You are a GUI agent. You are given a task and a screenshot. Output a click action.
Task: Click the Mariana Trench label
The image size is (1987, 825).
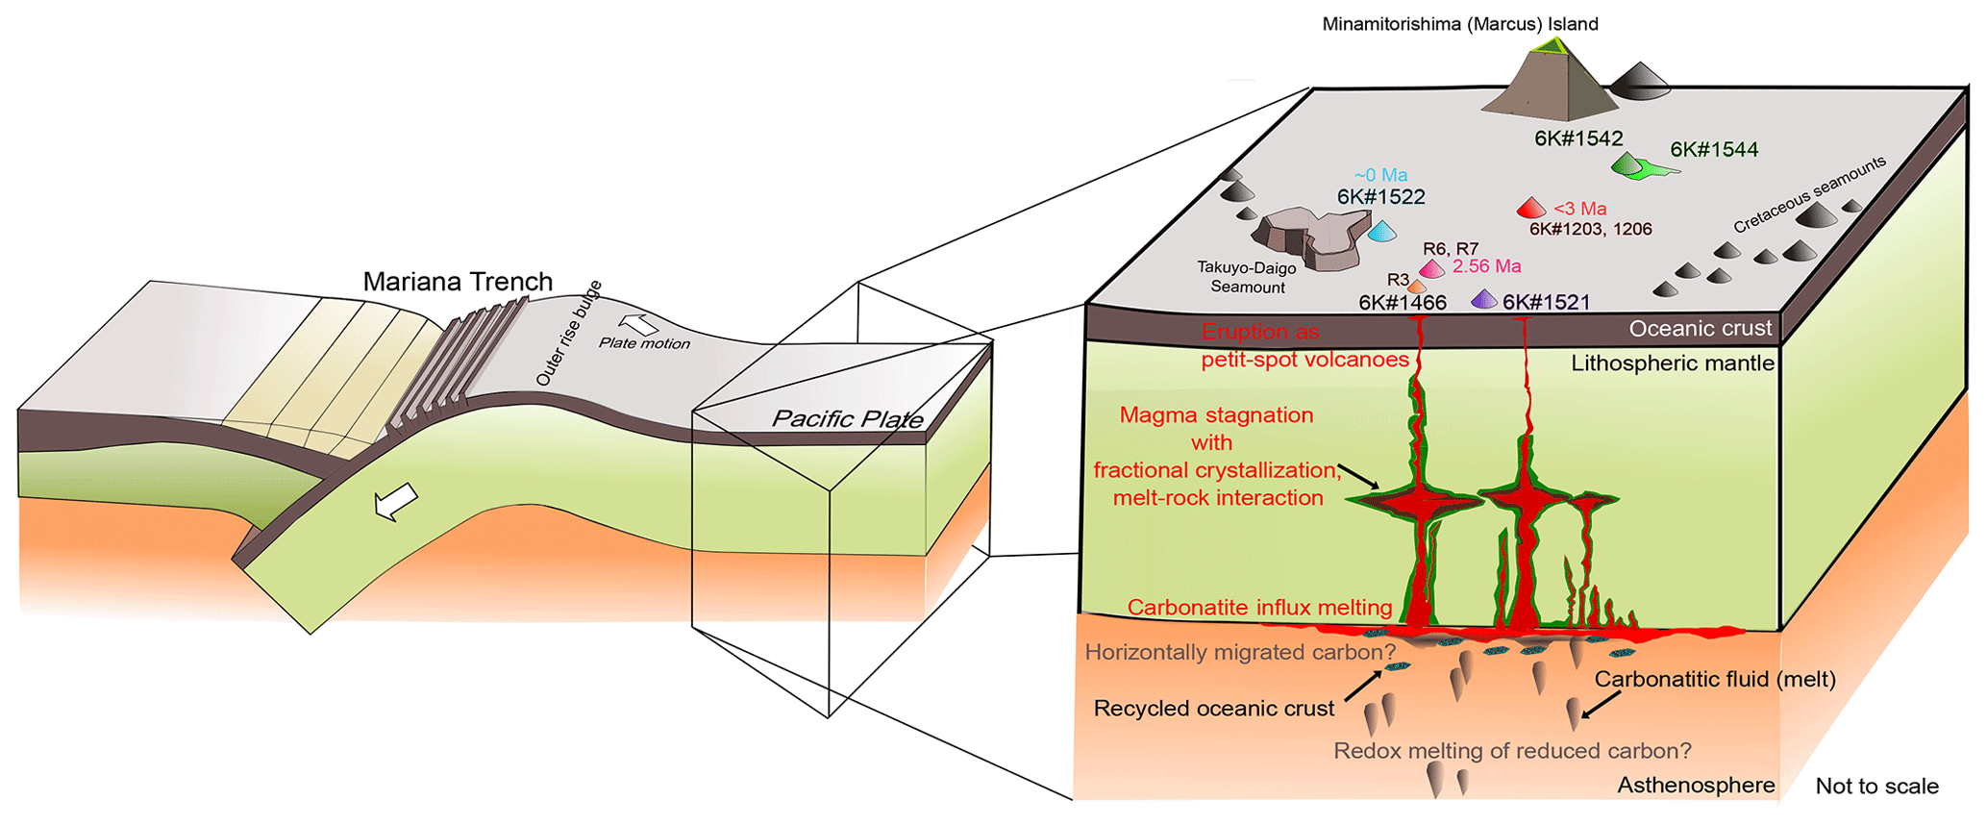pyautogui.click(x=458, y=282)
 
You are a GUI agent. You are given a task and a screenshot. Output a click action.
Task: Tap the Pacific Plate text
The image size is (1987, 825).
pyautogui.click(x=847, y=419)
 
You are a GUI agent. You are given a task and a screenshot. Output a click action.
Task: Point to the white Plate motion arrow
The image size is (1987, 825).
pyautogui.click(x=638, y=325)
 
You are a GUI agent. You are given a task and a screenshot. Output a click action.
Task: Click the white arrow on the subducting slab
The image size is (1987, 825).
pyautogui.click(x=396, y=502)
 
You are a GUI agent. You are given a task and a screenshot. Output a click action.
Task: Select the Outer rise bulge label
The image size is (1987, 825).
pyautogui.click(x=568, y=334)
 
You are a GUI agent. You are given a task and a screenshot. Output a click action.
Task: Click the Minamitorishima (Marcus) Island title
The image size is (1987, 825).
pyautogui.click(x=1459, y=24)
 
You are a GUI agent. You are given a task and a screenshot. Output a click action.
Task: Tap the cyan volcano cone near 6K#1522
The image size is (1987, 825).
pyautogui.click(x=1382, y=231)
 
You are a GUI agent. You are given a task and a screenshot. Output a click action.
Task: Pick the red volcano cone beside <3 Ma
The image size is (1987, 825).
pyautogui.click(x=1530, y=208)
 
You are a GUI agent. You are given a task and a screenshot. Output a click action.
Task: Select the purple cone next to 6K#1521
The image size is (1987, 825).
pyautogui.click(x=1484, y=300)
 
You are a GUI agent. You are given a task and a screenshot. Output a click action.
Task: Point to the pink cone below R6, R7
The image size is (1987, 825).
pyautogui.click(x=1432, y=269)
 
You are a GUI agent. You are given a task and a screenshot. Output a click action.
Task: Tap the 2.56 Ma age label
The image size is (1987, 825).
pyautogui.click(x=1486, y=266)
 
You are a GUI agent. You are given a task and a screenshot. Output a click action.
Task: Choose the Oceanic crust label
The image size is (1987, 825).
pyautogui.click(x=1700, y=329)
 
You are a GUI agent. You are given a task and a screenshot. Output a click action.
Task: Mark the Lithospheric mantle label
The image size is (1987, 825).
pyautogui.click(x=1673, y=363)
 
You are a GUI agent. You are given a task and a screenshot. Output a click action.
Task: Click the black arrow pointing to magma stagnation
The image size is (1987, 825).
pyautogui.click(x=1358, y=475)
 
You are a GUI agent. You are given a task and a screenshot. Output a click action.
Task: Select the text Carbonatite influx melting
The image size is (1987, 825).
pyautogui.click(x=1259, y=608)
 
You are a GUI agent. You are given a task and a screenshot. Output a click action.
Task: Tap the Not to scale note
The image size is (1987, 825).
pyautogui.click(x=1876, y=787)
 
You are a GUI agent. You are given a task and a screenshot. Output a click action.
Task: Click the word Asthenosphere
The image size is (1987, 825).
pyautogui.click(x=1696, y=786)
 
